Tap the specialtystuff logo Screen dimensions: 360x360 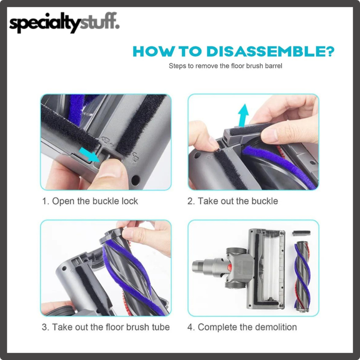pos(64,22)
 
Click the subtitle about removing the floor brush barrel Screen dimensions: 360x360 pos(225,66)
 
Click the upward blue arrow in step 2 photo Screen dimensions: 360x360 pos(243,115)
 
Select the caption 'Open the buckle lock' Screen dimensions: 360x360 pos(95,201)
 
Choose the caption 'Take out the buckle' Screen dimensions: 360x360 pos(238,201)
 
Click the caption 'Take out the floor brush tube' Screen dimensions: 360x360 pos(111,327)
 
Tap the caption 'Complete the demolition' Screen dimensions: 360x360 pos(247,327)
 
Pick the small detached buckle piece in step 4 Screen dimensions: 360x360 pos(301,233)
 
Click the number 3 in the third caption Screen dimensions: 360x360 pos(44,327)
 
